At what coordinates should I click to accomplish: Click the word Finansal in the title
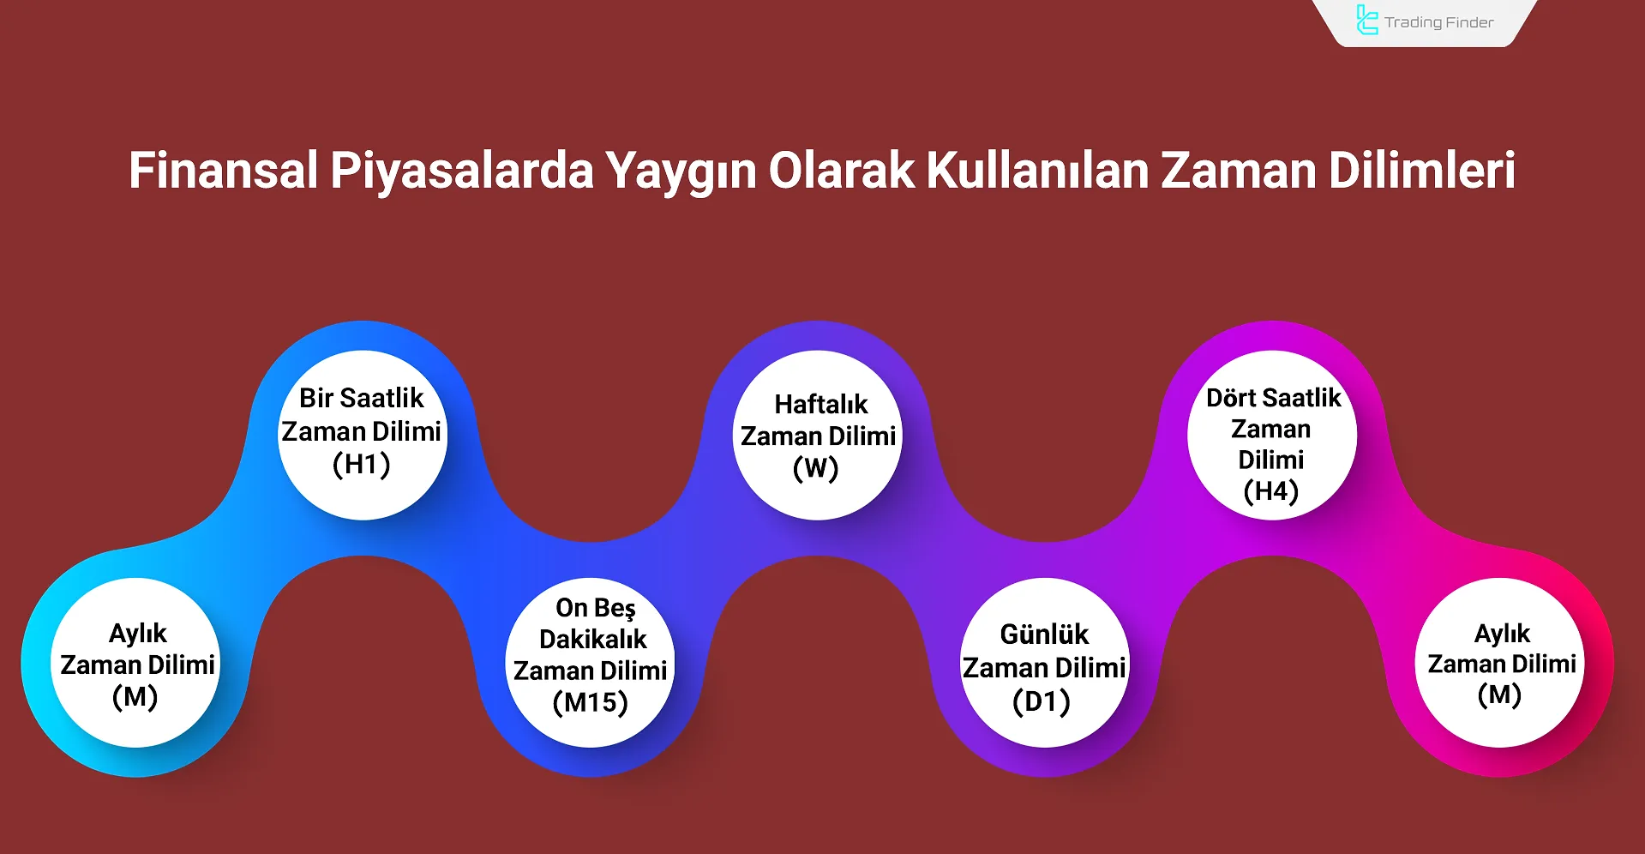(x=224, y=170)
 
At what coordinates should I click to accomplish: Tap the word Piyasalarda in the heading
(x=462, y=171)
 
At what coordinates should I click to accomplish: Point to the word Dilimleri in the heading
(x=1422, y=170)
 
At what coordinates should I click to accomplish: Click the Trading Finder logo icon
(x=1367, y=20)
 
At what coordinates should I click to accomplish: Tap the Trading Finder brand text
(x=1439, y=22)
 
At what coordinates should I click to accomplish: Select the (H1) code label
(x=362, y=465)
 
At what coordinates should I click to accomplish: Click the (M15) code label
(x=591, y=703)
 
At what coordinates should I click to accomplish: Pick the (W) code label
(x=816, y=469)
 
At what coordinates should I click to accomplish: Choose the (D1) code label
(x=1042, y=702)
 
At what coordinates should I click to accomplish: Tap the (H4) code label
(x=1271, y=491)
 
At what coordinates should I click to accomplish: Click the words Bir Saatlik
(x=362, y=398)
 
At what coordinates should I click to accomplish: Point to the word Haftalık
(x=821, y=404)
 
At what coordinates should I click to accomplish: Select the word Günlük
(x=1044, y=634)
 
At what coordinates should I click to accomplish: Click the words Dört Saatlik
(x=1274, y=398)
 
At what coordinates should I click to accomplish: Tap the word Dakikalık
(x=593, y=639)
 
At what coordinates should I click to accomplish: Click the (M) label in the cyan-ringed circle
(x=135, y=697)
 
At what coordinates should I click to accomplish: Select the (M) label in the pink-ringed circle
(x=1500, y=695)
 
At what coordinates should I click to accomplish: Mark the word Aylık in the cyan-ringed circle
(x=138, y=634)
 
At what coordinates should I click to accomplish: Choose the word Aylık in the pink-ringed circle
(x=1503, y=634)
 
